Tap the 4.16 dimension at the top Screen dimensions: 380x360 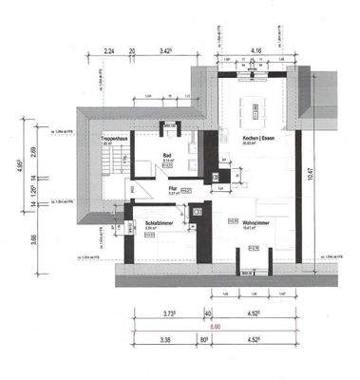[256, 48]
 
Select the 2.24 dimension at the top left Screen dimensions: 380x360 [109, 49]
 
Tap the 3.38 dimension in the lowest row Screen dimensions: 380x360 [165, 337]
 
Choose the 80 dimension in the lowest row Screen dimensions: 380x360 [205, 337]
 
